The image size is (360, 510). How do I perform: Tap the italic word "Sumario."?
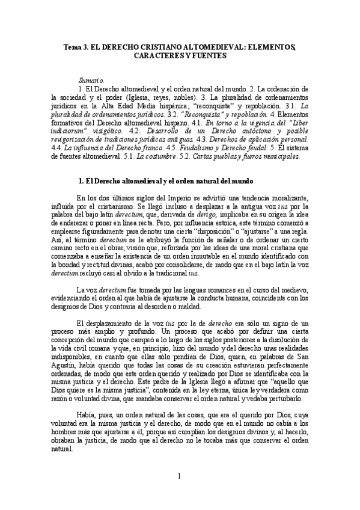click(91, 81)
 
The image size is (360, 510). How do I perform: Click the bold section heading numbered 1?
click(166, 180)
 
